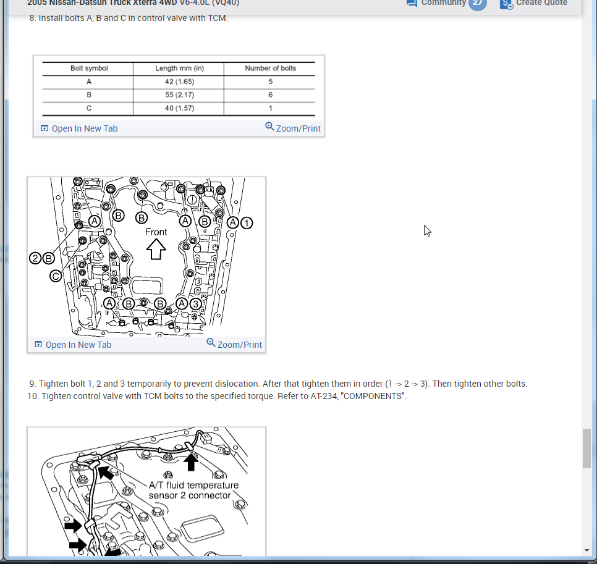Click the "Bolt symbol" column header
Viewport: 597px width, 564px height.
(89, 68)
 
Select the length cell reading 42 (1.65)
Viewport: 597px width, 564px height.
(179, 82)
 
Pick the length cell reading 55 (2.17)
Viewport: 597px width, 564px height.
(179, 95)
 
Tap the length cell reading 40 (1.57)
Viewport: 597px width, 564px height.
(179, 108)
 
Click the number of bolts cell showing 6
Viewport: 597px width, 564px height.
(270, 95)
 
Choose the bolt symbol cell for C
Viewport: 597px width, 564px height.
(89, 108)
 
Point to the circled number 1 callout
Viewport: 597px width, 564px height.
(247, 223)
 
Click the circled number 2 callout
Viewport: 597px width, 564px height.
(35, 258)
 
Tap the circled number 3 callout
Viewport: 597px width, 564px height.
(196, 304)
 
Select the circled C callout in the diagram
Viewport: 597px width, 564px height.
(56, 276)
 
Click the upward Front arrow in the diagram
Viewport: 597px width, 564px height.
(156, 250)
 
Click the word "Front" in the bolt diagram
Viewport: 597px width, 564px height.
(156, 232)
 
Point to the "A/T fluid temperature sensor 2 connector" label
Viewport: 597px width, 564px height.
(193, 490)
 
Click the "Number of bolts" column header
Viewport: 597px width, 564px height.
(270, 68)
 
